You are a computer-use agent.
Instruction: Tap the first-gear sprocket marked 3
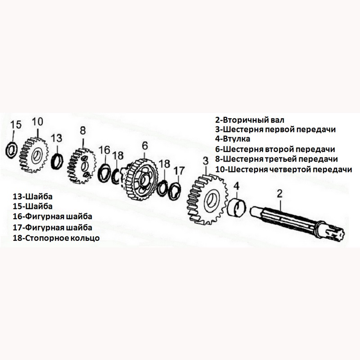click(207, 199)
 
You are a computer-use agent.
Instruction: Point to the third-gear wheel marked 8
click(81, 166)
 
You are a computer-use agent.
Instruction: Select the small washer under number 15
click(12, 150)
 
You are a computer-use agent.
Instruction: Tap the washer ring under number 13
click(57, 162)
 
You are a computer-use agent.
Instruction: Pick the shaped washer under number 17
click(175, 190)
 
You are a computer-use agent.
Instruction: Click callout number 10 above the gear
click(37, 121)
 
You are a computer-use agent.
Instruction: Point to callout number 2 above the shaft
click(279, 194)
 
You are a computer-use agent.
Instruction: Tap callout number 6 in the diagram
click(145, 145)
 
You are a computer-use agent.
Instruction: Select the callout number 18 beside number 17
click(164, 164)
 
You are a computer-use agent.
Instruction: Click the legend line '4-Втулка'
click(233, 139)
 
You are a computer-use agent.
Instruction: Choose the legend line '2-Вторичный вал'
click(250, 120)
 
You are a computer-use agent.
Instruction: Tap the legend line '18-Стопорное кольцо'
click(56, 238)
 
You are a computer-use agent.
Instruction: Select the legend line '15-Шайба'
click(32, 206)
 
